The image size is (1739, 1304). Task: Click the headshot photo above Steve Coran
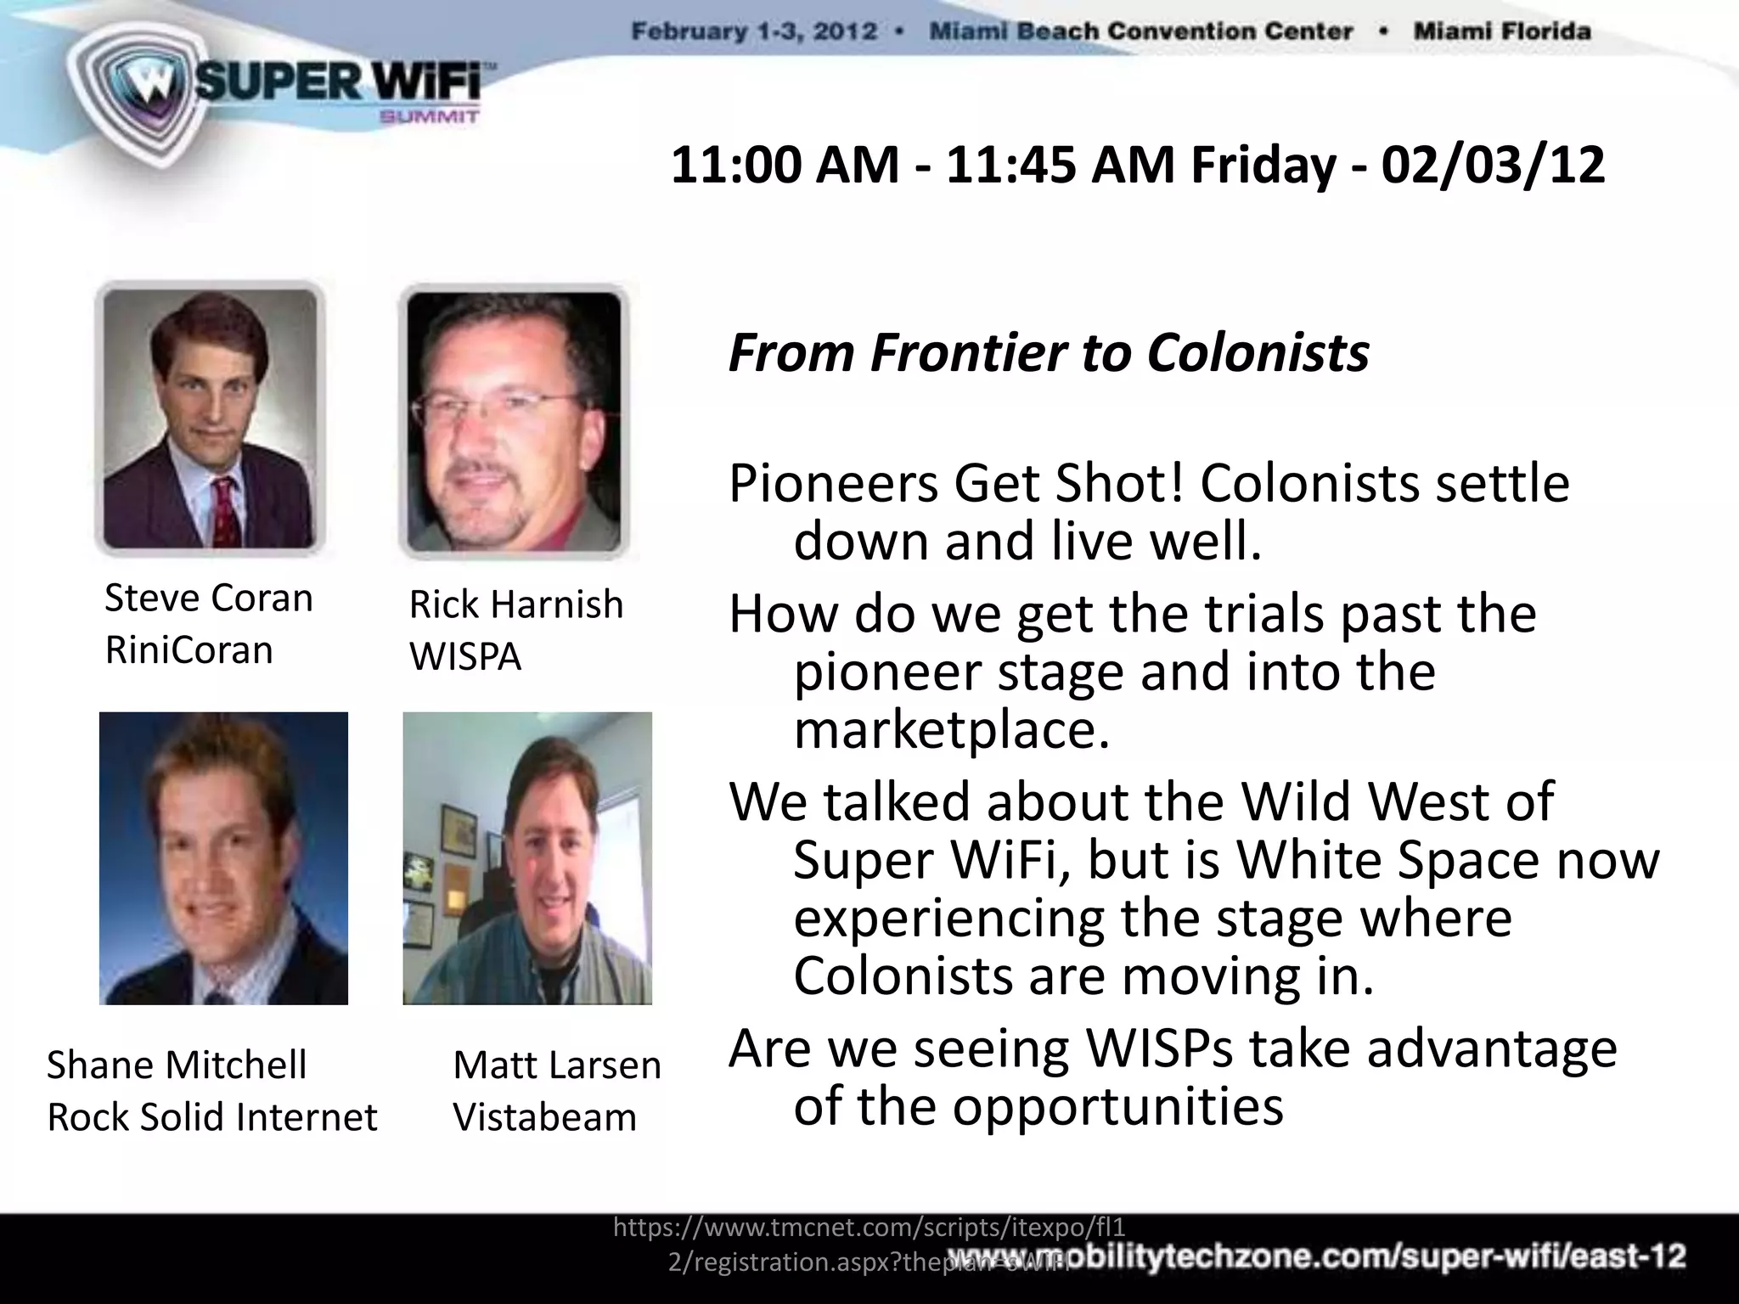point(210,418)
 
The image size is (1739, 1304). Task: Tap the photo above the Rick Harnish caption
point(513,421)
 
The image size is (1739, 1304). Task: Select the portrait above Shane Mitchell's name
point(223,857)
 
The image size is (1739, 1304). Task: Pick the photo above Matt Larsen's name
point(527,857)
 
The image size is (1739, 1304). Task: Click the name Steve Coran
point(208,598)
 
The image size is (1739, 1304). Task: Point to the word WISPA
point(464,656)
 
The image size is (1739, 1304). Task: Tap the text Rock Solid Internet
point(211,1116)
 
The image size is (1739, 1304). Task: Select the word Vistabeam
point(544,1116)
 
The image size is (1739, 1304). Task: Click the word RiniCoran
point(189,650)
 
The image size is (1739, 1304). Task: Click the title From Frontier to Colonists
point(1048,352)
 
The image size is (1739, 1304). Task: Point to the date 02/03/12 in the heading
point(1493,165)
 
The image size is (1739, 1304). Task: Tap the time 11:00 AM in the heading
point(785,165)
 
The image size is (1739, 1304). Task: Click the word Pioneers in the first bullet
point(834,484)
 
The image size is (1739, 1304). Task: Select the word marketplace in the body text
point(951,729)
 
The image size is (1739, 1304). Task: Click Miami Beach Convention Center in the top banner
point(1140,32)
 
